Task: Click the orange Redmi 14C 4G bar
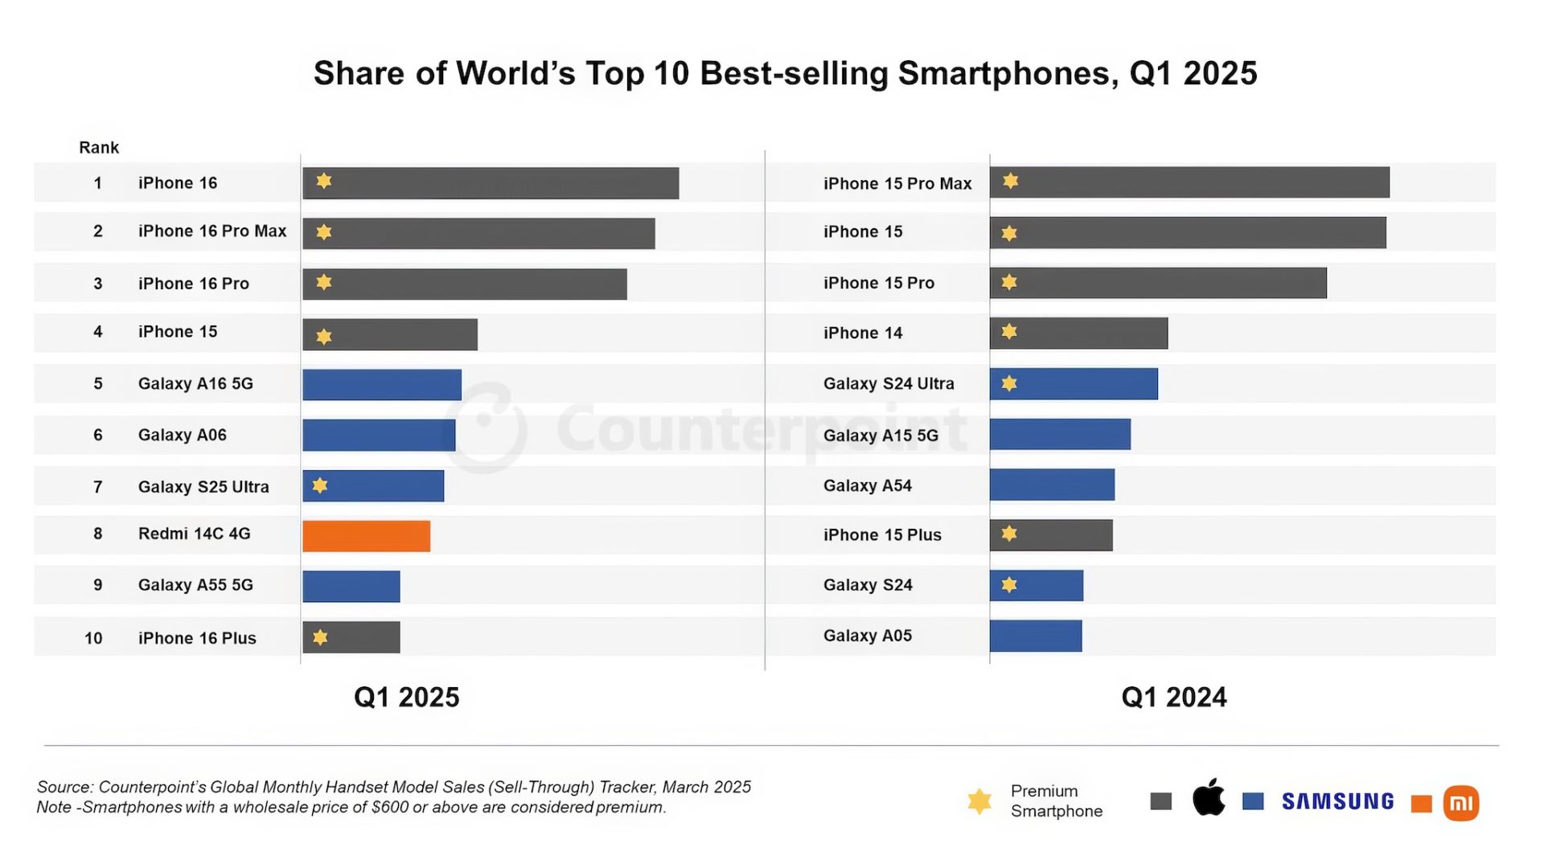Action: pos(366,536)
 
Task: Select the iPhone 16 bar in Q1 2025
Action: pos(491,183)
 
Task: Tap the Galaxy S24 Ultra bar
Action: pos(1074,384)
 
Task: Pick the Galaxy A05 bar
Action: pos(1036,636)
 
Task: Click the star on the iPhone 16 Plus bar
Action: pos(320,637)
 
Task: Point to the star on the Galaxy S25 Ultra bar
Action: pos(320,485)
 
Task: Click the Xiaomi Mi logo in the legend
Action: pos(1460,802)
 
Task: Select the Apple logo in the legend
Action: pos(1208,798)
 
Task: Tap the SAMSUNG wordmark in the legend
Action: pos(1337,801)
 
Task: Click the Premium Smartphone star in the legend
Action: pos(979,800)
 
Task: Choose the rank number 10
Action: pos(93,638)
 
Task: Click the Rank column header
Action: pos(99,148)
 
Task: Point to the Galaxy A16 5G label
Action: pos(195,384)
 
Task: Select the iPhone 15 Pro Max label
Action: pos(897,184)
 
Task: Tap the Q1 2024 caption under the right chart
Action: pos(1173,697)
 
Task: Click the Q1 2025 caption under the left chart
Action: pos(406,697)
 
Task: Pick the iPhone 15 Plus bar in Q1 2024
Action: pos(1051,535)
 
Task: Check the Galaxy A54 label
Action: pos(867,485)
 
